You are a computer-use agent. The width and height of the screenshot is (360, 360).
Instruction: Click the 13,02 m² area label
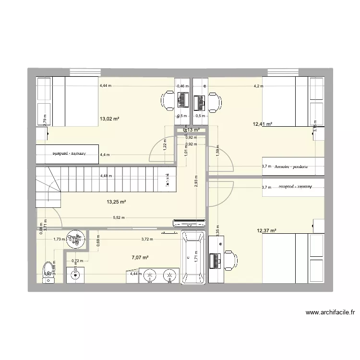[x=109, y=119]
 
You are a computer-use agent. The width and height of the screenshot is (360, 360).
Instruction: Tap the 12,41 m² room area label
[x=262, y=124]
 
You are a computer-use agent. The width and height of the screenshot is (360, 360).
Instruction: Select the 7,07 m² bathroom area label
[x=140, y=257]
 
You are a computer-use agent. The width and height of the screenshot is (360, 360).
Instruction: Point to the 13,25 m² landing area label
[x=116, y=202]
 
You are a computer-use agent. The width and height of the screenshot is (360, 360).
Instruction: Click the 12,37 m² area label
[x=266, y=230]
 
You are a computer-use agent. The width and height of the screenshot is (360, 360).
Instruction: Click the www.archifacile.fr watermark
[x=330, y=312]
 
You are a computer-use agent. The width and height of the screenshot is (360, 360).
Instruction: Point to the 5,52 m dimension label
[x=120, y=217]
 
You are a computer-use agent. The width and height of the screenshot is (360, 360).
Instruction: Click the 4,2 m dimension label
[x=260, y=86]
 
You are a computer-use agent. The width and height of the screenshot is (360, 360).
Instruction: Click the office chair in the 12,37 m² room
[x=230, y=260]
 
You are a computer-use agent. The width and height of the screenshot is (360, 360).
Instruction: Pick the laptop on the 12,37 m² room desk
[x=214, y=260]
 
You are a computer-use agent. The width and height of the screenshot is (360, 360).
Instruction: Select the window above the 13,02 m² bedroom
[x=85, y=72]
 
